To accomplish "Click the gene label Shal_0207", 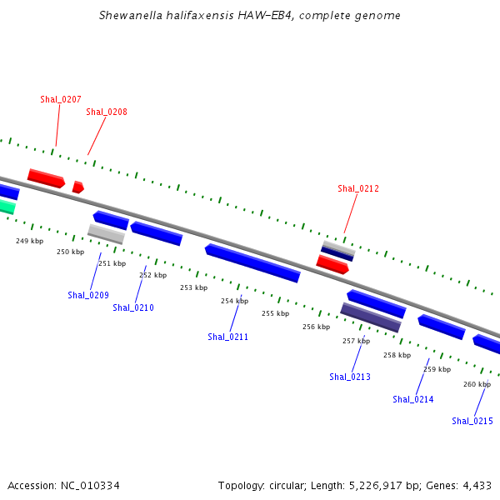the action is pyautogui.click(x=61, y=99).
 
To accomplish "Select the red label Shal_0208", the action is pyautogui.click(x=107, y=112).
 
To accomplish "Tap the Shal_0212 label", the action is pyautogui.click(x=358, y=188).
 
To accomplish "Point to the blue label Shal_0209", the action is pyautogui.click(x=88, y=295).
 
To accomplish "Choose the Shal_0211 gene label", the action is pyautogui.click(x=227, y=337).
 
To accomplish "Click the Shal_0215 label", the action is pyautogui.click(x=472, y=421).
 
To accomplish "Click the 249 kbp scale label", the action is pyautogui.click(x=30, y=241).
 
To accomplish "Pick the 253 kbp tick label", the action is pyautogui.click(x=194, y=287).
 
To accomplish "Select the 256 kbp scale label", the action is pyautogui.click(x=317, y=327).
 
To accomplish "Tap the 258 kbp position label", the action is pyautogui.click(x=397, y=355).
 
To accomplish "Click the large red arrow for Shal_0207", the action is pyautogui.click(x=46, y=178).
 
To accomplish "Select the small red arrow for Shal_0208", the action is pyautogui.click(x=78, y=187).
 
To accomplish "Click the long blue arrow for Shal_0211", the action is pyautogui.click(x=252, y=263).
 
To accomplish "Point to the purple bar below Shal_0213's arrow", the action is pyautogui.click(x=371, y=317).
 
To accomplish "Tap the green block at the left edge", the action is pyautogui.click(x=7, y=206).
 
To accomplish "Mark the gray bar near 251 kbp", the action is pyautogui.click(x=106, y=234).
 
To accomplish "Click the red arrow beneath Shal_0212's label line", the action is pyautogui.click(x=332, y=265).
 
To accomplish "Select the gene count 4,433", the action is pyautogui.click(x=477, y=486).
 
